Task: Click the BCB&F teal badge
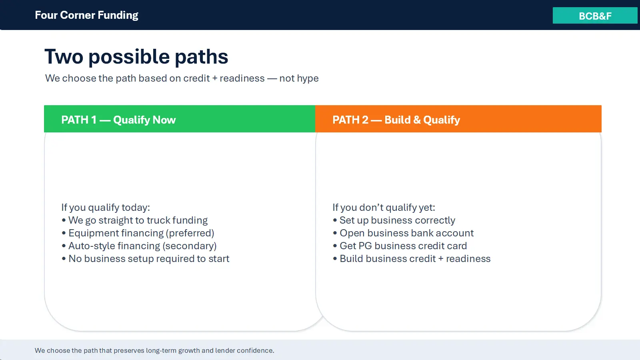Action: pyautogui.click(x=596, y=16)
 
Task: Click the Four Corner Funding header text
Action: pyautogui.click(x=86, y=15)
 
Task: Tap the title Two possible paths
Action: pyautogui.click(x=136, y=56)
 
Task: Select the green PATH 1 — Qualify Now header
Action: pyautogui.click(x=180, y=119)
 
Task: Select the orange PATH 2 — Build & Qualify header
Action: pyautogui.click(x=458, y=119)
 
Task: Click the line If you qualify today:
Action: pyautogui.click(x=106, y=208)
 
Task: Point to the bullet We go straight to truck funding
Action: pyautogui.click(x=134, y=220)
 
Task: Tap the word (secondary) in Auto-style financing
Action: pyautogui.click(x=190, y=246)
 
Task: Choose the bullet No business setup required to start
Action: pyautogui.click(x=146, y=258)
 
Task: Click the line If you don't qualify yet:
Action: pyautogui.click(x=384, y=208)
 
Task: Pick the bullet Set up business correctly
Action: pyautogui.click(x=394, y=220)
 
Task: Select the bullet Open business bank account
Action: pyautogui.click(x=403, y=233)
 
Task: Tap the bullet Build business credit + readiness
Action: pyautogui.click(x=412, y=258)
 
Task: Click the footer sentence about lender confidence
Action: pyautogui.click(x=154, y=350)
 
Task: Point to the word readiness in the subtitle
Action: pyautogui.click(x=242, y=78)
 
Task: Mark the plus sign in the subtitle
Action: pyautogui.click(x=214, y=78)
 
